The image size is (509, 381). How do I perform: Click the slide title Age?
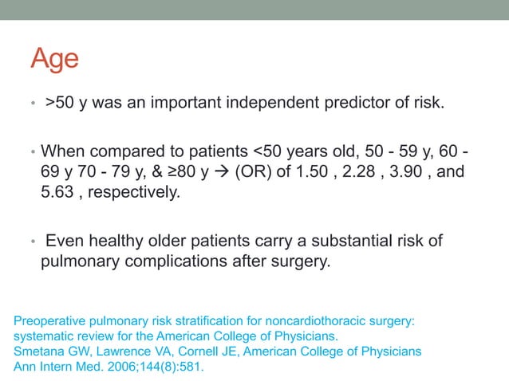(55, 58)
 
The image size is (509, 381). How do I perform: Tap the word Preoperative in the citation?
(49, 322)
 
